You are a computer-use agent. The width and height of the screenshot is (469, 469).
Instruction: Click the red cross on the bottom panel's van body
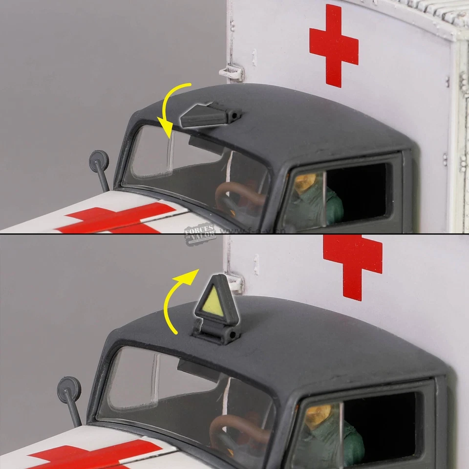[x=353, y=264]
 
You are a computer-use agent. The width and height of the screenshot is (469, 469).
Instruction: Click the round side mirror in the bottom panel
[x=69, y=387]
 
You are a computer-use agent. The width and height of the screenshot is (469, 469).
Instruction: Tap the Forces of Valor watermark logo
[x=199, y=233]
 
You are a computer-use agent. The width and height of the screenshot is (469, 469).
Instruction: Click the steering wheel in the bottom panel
[x=234, y=430]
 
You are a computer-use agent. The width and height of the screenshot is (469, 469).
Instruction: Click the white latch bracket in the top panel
[x=232, y=72]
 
